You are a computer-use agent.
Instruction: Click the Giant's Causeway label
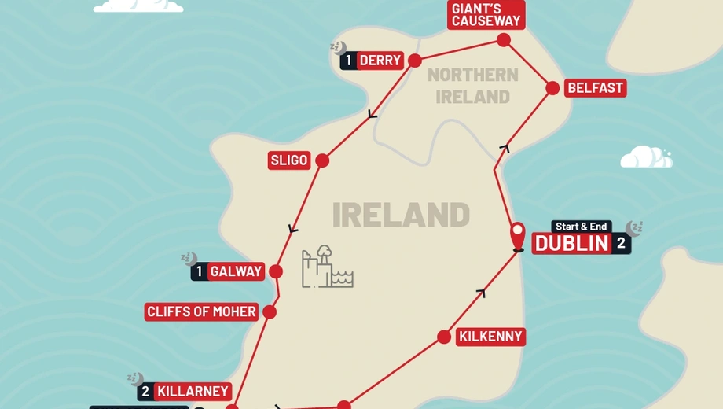[x=486, y=14]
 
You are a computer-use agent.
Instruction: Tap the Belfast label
[x=595, y=87]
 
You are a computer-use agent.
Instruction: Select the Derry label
[x=380, y=61]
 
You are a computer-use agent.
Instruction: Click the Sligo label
[x=288, y=160]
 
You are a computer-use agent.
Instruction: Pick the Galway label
[x=236, y=271]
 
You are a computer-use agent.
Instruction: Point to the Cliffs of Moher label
[x=201, y=312]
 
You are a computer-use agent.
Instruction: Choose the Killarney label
[x=193, y=391]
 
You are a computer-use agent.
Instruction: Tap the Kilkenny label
[x=490, y=337]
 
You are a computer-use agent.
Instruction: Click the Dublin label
[x=572, y=243]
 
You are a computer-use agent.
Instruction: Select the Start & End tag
[x=582, y=227]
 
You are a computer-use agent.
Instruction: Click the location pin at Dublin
[x=518, y=235]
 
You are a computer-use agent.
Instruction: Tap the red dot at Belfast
[x=552, y=88]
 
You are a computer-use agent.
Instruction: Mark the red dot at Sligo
[x=321, y=160]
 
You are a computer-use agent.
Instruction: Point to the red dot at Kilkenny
[x=444, y=337]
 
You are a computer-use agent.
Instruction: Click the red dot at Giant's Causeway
[x=504, y=40]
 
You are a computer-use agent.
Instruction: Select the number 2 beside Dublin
[x=622, y=243]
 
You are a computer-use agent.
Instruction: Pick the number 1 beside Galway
[x=200, y=271]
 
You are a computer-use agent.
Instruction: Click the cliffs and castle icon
[x=326, y=267]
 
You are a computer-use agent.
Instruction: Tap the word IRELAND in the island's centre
[x=401, y=215]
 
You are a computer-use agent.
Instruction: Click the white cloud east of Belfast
[x=645, y=157]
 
